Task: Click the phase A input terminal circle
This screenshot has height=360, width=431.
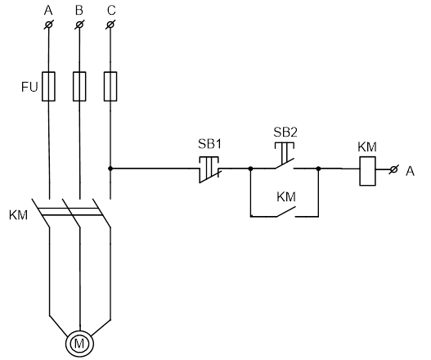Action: (48, 25)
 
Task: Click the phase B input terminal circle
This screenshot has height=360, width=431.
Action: (79, 25)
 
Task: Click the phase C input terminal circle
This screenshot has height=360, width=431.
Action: (110, 25)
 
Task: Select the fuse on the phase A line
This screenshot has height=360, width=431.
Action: (48, 87)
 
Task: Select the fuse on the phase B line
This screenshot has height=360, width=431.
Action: (79, 87)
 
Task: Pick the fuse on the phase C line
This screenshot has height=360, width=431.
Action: (110, 87)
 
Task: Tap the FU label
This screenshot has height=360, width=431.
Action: (29, 88)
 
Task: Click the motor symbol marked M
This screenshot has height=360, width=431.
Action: (79, 344)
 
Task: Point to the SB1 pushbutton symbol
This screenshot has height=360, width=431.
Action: (209, 169)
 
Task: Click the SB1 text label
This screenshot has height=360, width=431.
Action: (209, 144)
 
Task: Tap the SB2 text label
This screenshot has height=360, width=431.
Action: (285, 133)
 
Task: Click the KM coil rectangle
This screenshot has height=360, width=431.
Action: (368, 171)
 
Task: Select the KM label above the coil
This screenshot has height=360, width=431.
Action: (367, 147)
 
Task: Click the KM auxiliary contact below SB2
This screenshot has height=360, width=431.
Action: (286, 212)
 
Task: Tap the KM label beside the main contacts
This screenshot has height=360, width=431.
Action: (19, 215)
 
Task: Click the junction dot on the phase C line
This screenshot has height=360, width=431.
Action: (110, 169)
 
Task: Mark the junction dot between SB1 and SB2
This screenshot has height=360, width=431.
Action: (250, 169)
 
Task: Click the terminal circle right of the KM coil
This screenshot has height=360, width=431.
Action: (393, 169)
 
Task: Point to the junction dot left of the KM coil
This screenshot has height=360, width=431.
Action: (319, 169)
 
